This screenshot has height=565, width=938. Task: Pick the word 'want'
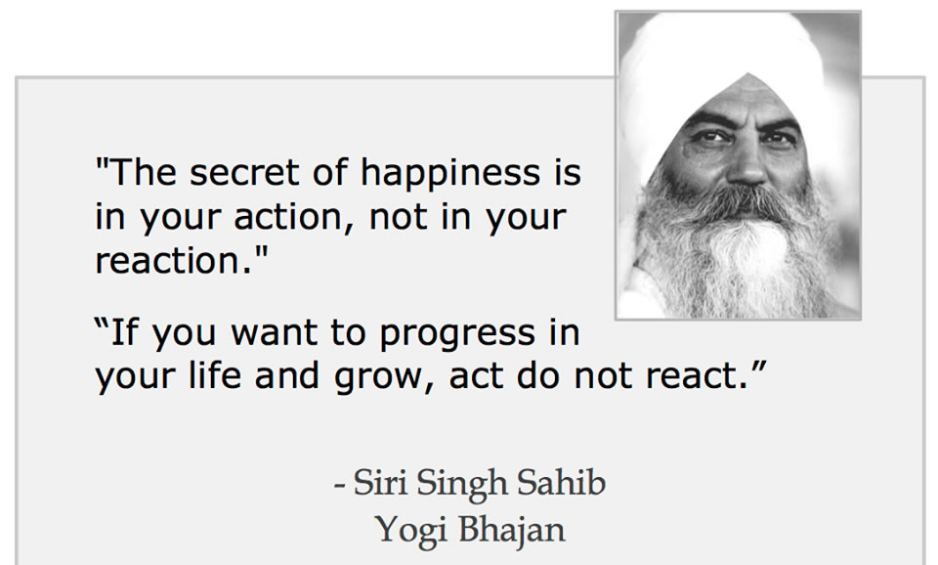pos(274,333)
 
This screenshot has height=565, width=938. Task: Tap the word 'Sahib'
pos(561,482)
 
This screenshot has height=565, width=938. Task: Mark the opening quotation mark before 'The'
pos(103,163)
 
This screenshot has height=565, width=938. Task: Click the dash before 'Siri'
pos(339,485)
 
